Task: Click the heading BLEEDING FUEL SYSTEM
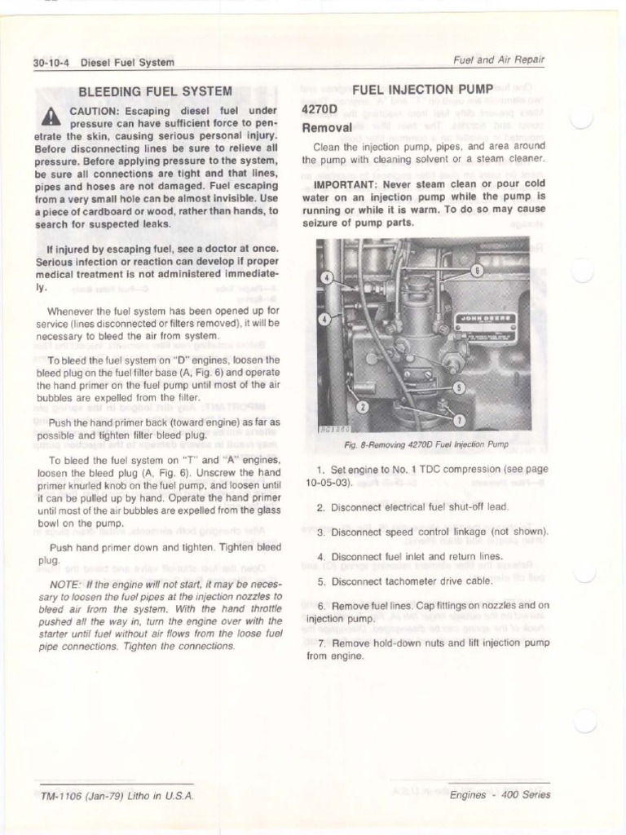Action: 155,91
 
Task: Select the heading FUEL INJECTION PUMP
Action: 422,88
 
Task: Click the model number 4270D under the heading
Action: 319,109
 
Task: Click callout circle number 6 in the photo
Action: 477,270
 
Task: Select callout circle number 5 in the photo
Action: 459,387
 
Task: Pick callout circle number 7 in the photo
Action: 459,420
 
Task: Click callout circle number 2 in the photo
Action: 363,406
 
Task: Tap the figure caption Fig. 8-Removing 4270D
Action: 425,444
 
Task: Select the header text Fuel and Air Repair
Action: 498,60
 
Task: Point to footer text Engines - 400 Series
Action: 500,795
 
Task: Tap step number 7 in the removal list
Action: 322,643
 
